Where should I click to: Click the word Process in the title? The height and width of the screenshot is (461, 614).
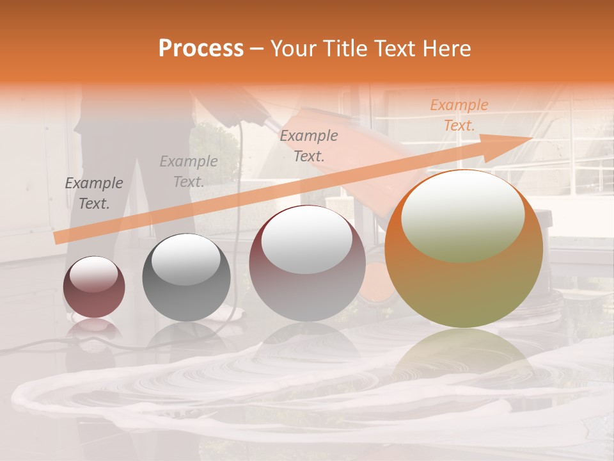coord(201,49)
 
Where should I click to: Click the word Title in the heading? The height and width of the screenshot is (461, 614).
coord(342,49)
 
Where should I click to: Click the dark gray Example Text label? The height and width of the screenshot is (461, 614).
coord(94,193)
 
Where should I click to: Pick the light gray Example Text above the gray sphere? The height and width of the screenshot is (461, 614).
coord(189,172)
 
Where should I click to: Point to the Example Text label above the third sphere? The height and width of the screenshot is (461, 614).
coord(309,145)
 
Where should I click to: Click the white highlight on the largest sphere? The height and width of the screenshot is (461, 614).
coord(462,214)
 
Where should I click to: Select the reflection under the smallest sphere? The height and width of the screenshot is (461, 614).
coord(93,329)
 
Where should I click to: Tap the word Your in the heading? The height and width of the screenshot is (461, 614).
coord(294,49)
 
